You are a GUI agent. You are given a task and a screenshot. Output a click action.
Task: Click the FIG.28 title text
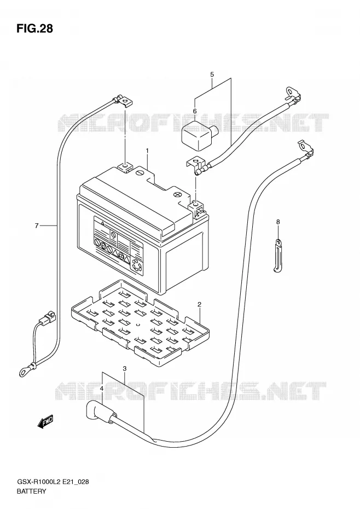point(34,28)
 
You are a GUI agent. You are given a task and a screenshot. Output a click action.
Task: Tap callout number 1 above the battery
point(147,151)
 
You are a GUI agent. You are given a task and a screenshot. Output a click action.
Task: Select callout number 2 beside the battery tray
point(199,304)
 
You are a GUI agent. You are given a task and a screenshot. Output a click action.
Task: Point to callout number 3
point(125,368)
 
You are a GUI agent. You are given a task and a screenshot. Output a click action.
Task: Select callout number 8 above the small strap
point(278,222)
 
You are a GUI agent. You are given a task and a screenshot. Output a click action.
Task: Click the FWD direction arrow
point(45,422)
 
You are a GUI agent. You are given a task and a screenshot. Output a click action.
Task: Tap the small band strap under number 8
point(277,255)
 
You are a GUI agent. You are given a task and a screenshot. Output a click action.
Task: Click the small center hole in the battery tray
point(138,324)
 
